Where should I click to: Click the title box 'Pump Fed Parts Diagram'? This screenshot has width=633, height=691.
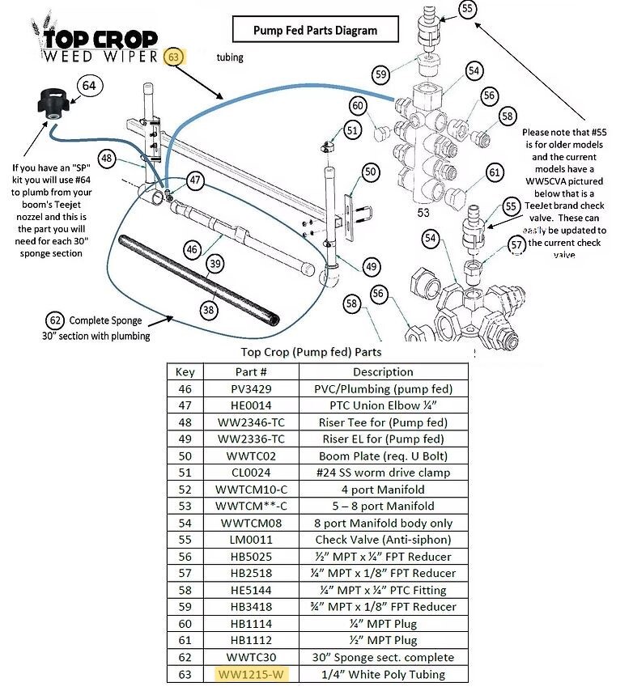(x=315, y=31)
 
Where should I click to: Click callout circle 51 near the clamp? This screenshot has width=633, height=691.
(x=351, y=129)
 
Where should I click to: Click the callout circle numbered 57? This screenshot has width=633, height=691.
(x=517, y=244)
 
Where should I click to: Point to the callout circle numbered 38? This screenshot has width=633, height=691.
(x=210, y=308)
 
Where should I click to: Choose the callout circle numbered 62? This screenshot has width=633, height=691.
(x=54, y=320)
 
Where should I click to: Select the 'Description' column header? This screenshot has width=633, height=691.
(x=383, y=371)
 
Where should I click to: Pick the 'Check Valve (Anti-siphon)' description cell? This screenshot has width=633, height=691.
(x=383, y=540)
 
